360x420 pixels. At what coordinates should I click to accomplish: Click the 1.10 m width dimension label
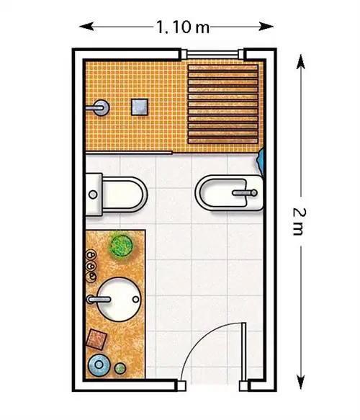coord(183,27)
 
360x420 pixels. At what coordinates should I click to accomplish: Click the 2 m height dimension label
coord(299,221)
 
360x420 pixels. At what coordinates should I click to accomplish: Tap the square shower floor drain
coord(140,107)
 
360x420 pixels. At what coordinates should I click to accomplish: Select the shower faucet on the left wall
coord(98,107)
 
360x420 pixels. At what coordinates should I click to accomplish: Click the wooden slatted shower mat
coord(223,104)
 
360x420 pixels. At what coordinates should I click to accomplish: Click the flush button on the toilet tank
coord(93,195)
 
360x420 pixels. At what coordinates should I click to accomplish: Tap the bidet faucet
coord(245,192)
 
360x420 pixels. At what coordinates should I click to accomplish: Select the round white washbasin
coord(119,299)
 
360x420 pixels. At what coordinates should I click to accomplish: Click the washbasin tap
coord(99,299)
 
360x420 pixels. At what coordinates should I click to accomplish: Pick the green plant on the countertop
coord(122,245)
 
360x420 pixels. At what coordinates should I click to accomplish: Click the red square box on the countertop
coord(96,339)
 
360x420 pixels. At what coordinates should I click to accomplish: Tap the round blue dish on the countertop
coord(99,365)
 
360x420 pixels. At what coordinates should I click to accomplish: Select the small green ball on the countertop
coord(120,368)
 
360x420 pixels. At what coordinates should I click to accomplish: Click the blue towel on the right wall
coord(261,160)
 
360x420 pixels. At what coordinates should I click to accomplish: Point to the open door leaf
coord(243,352)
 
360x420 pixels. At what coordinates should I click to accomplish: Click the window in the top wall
coord(212,54)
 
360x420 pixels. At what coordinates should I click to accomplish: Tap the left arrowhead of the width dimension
coord(86,27)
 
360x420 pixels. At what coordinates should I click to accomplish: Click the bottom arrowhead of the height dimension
coord(301,382)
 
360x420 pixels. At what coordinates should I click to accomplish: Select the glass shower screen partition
coord(129,153)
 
